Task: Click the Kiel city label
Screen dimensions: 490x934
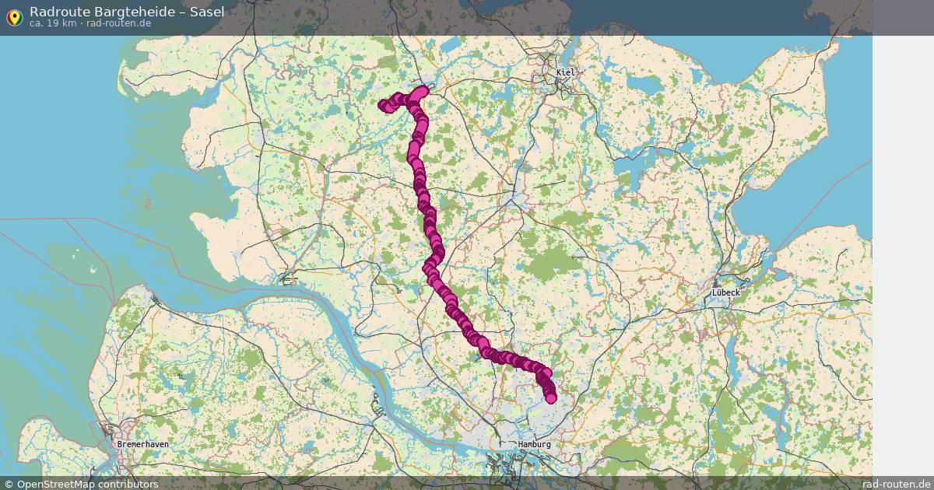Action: tap(565, 72)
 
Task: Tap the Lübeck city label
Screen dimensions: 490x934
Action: tap(725, 292)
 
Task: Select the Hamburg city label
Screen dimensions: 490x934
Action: tap(535, 444)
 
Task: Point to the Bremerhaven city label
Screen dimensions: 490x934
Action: tap(142, 444)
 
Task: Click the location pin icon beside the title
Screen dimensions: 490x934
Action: tap(14, 17)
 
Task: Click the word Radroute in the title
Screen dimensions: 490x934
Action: tap(57, 12)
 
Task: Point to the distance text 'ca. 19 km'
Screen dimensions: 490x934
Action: tap(52, 23)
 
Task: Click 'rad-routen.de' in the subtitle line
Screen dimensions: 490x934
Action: tap(118, 23)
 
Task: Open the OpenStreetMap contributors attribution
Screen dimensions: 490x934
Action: tap(81, 484)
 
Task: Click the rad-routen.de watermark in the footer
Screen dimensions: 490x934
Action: tap(897, 484)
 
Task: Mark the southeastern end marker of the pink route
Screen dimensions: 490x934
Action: tap(551, 399)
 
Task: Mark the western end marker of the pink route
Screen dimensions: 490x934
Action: tap(383, 106)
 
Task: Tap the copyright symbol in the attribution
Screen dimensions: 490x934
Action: tap(9, 484)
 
